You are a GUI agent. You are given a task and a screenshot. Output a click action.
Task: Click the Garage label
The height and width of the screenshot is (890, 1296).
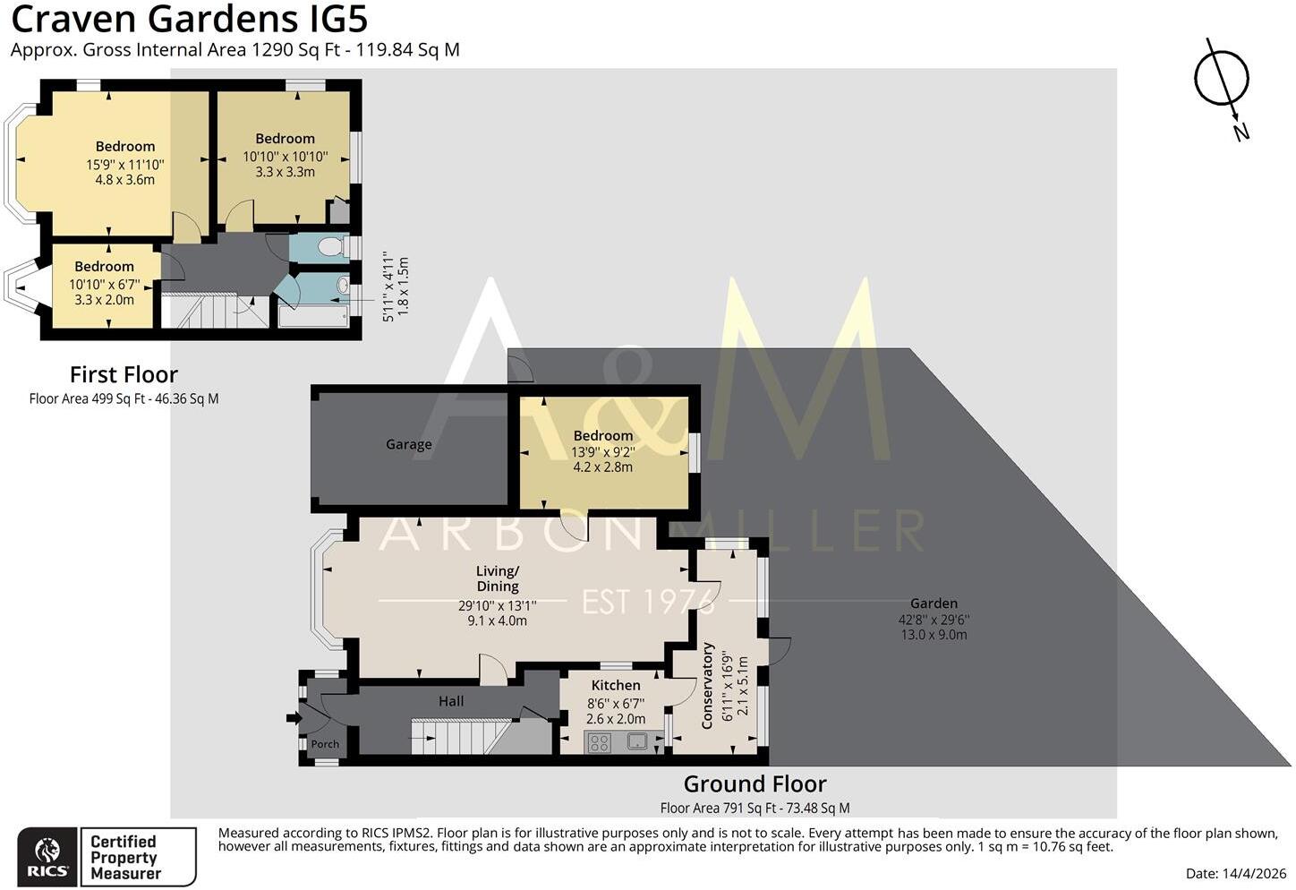pyautogui.click(x=408, y=444)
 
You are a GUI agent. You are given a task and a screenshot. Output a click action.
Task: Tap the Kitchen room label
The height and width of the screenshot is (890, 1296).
pyautogui.click(x=616, y=685)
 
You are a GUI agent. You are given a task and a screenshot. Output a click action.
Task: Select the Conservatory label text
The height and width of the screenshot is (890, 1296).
pyautogui.click(x=706, y=685)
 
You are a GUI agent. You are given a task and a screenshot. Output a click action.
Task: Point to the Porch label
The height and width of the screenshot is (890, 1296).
pyautogui.click(x=325, y=744)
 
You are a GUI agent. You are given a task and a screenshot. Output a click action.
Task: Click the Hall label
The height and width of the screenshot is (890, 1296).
pyautogui.click(x=451, y=701)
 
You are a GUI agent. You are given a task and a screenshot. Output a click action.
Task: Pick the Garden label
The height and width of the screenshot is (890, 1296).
pyautogui.click(x=934, y=603)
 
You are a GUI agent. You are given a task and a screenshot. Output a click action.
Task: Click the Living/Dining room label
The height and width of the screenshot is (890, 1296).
pyautogui.click(x=498, y=578)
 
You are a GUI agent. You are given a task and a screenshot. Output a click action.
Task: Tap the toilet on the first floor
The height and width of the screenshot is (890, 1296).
pyautogui.click(x=331, y=247)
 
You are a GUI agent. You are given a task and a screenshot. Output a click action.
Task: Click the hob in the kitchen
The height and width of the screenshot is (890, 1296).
pyautogui.click(x=599, y=743)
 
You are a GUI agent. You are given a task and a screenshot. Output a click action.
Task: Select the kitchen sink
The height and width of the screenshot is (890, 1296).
pyautogui.click(x=637, y=741)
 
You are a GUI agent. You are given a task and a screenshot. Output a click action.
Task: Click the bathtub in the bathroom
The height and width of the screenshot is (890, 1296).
pyautogui.click(x=313, y=317)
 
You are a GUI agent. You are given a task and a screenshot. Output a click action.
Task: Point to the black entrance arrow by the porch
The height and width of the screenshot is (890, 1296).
pyautogui.click(x=294, y=718)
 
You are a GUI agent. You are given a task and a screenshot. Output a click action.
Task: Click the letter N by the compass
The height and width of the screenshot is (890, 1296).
pyautogui.click(x=1241, y=133)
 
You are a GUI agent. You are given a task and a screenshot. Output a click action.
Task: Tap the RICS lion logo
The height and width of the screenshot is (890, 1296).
pyautogui.click(x=47, y=851)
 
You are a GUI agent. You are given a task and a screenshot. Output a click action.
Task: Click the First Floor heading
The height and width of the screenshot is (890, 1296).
pyautogui.click(x=124, y=374)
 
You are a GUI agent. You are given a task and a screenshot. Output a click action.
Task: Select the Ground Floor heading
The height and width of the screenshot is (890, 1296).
pyautogui.click(x=755, y=784)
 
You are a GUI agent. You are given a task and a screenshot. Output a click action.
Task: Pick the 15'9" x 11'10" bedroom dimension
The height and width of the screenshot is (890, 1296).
pyautogui.click(x=125, y=165)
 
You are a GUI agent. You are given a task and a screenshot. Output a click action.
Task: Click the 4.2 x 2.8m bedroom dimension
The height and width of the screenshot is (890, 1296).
pyautogui.click(x=603, y=467)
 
